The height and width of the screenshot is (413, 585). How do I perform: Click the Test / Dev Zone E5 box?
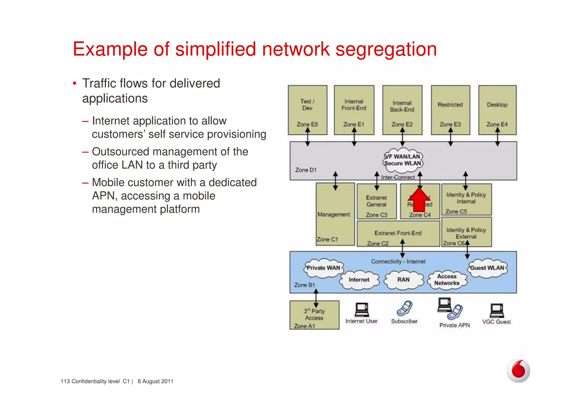point(307,110)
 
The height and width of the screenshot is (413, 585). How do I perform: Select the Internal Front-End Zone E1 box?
point(354,110)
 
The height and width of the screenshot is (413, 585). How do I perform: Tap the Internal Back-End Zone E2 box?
point(402,110)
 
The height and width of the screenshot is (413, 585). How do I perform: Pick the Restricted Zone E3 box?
point(450,110)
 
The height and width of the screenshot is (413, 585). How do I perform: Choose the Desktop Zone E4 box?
point(497,110)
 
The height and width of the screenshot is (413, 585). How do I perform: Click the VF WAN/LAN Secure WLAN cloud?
point(403,160)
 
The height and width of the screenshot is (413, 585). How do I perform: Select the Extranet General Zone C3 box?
point(376,202)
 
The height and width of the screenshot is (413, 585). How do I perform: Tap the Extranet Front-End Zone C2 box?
point(398,234)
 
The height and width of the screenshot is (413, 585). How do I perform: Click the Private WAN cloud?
point(323,268)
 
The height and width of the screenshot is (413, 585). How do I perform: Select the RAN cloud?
point(403,280)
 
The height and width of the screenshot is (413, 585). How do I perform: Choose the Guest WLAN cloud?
point(487,268)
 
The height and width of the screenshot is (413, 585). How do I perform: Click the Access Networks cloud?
point(447,280)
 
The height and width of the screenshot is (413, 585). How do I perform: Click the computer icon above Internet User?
point(362,310)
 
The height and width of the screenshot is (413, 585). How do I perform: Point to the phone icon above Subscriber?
point(404,308)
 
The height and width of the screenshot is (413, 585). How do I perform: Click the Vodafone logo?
point(518,370)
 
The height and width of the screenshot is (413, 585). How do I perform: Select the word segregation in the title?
point(386,49)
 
